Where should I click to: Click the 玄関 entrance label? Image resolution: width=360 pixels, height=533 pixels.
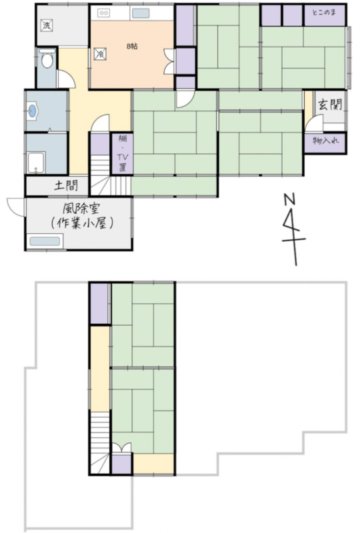coord(330,105)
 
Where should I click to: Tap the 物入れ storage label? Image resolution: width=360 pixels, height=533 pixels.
coord(325,140)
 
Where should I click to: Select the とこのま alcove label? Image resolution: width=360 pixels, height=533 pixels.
coord(324,13)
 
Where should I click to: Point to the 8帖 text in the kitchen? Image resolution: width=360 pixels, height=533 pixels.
coord(132,46)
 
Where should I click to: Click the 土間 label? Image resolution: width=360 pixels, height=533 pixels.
coord(67,185)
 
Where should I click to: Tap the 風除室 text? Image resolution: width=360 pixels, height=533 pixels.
coord(81,208)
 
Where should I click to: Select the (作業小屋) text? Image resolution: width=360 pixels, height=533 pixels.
coord(81,223)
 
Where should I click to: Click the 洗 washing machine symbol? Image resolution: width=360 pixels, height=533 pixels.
coord(47,25)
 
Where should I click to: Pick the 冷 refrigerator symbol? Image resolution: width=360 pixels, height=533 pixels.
coord(100,54)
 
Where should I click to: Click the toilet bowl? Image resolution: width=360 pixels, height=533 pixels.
coord(47,61)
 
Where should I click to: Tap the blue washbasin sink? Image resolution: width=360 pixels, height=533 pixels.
coord(32,111)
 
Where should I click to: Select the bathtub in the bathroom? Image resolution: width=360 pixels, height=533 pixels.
coord(36,163)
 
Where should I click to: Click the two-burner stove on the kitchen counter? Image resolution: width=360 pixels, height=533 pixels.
coord(104,13)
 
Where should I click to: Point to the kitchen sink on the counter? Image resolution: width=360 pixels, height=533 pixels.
coord(141,13)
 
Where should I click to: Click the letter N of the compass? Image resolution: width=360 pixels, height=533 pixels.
coord(289,199)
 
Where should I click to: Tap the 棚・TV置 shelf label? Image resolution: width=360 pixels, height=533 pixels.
coord(122,153)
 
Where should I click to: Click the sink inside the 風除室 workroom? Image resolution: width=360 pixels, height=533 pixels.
coord(45,241)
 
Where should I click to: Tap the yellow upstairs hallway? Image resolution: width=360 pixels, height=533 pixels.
coord(100,368)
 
